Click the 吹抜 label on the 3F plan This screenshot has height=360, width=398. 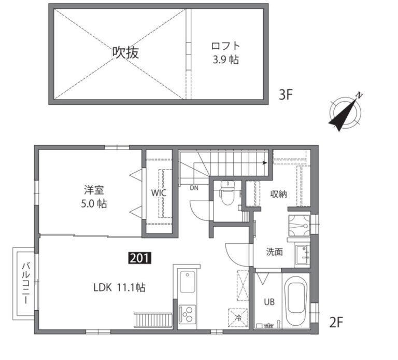click(x=125, y=53)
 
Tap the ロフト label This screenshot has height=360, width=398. click(x=225, y=46)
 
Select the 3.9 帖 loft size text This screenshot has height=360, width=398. click(x=225, y=60)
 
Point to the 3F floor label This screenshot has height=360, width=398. click(x=286, y=95)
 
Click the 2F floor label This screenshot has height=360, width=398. click(x=336, y=323)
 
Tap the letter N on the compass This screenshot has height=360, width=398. click(x=359, y=95)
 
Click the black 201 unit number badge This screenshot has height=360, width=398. click(x=140, y=258)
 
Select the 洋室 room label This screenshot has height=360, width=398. click(x=94, y=190)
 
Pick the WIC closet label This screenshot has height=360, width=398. click(x=159, y=193)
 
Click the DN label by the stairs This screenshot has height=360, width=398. click(x=194, y=188)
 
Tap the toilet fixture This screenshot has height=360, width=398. click(x=228, y=193)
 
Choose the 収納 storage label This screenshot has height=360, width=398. click(x=278, y=195)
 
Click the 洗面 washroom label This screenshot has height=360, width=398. click(x=274, y=252)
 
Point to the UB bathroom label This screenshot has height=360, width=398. click(x=269, y=302)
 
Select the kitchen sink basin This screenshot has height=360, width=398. click(x=187, y=282)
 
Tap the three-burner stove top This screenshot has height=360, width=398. click(x=187, y=314)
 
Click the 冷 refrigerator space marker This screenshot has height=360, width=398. click(x=238, y=317)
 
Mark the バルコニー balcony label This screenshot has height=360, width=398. click(x=25, y=284)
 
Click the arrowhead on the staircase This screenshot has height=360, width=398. click(x=265, y=162)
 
